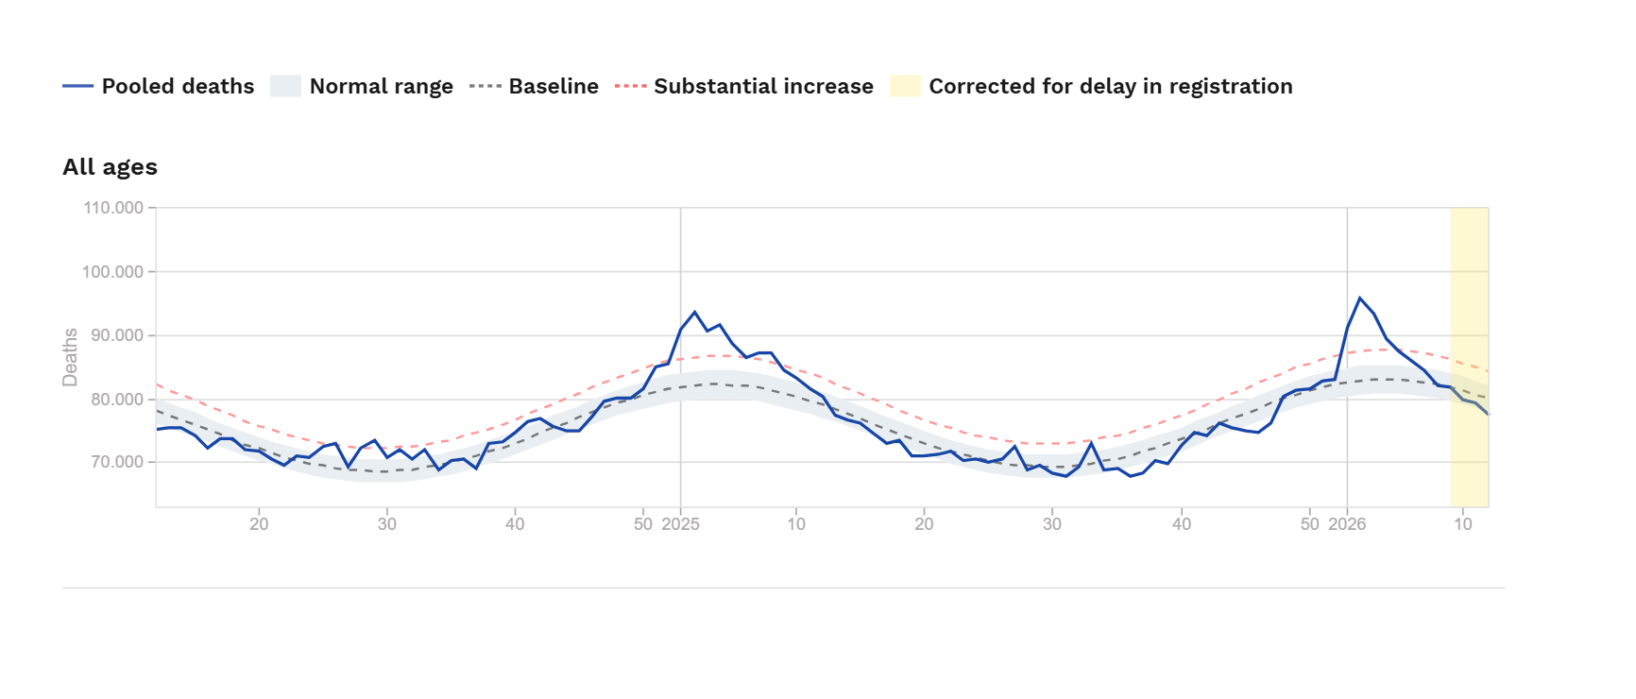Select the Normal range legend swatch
tap(285, 87)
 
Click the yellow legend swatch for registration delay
tap(905, 87)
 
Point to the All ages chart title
tap(110, 167)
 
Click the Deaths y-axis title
tap(70, 357)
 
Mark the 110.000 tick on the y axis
tap(113, 208)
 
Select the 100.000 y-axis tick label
tap(113, 272)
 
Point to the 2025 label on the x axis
tap(680, 524)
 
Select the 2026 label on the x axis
tap(1347, 524)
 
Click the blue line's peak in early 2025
tap(694, 312)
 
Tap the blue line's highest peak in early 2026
tap(1360, 298)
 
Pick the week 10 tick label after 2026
tap(1462, 524)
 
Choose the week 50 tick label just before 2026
tap(1309, 524)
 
